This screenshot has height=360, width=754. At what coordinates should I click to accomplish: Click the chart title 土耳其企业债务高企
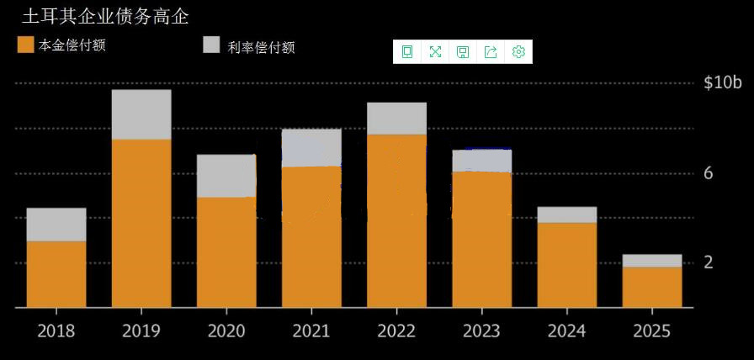[104, 16]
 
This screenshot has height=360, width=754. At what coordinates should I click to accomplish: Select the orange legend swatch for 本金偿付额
[25, 45]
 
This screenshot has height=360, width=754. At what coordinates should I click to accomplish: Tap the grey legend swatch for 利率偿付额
[212, 45]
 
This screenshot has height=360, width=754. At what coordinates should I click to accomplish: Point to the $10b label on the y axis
[723, 82]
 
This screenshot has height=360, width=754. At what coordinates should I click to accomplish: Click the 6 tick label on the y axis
[709, 173]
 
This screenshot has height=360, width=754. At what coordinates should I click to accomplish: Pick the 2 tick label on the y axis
[709, 262]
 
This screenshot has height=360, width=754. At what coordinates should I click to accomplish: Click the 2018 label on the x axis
[56, 331]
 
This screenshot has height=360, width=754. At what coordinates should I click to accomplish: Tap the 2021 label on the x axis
[311, 331]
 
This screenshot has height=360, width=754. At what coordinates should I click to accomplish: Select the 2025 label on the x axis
[651, 331]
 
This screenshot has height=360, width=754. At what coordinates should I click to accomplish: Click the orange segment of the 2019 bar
[141, 223]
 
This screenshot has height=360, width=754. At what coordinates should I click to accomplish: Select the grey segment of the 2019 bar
[141, 114]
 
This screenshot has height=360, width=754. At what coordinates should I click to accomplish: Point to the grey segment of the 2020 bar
[226, 176]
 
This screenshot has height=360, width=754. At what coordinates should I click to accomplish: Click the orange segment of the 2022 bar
[396, 220]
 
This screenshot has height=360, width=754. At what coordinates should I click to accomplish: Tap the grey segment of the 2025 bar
[651, 261]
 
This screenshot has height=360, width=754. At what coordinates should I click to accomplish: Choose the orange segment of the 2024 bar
[566, 265]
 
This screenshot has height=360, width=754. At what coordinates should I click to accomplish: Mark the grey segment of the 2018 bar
[56, 225]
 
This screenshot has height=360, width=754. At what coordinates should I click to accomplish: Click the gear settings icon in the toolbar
[518, 52]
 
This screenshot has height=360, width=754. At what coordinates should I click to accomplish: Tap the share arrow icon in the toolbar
[491, 52]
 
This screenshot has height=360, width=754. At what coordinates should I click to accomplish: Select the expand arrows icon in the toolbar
[435, 52]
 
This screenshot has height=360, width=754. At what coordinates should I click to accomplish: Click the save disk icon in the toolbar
[463, 52]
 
